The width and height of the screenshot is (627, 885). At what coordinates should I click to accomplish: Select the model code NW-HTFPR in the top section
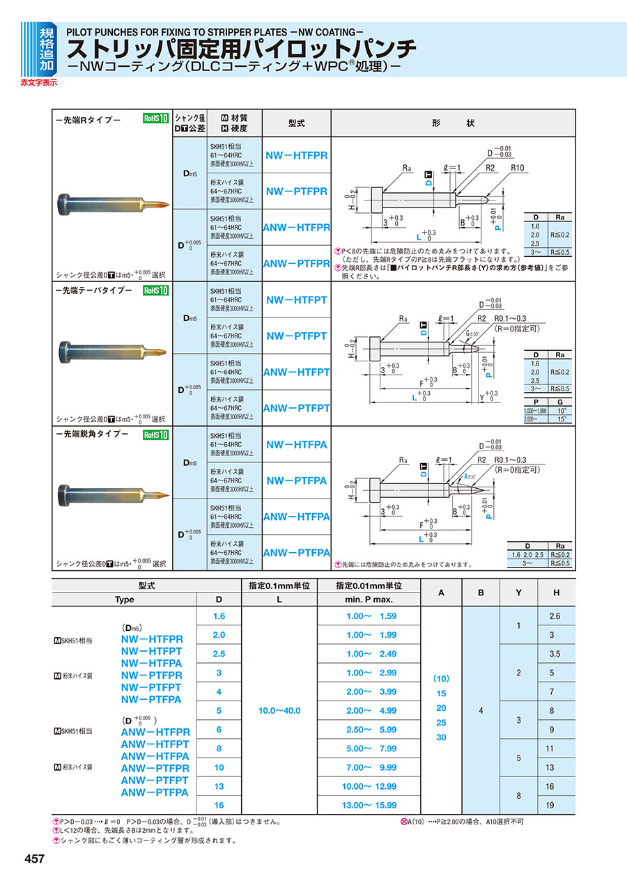click(x=297, y=155)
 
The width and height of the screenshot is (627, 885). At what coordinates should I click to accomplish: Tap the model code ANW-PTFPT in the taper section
click(x=297, y=408)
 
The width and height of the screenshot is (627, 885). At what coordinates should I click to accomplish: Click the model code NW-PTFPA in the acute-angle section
click(x=297, y=480)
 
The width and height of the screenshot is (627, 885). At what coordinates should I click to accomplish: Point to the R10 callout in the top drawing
click(x=516, y=168)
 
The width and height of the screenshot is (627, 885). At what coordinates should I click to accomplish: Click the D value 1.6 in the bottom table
click(x=219, y=616)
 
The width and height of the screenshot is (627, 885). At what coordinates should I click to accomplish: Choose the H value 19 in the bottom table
click(x=555, y=805)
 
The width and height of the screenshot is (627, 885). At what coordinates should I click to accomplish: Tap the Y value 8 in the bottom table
click(x=519, y=795)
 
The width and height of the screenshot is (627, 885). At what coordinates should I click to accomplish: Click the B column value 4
click(x=481, y=710)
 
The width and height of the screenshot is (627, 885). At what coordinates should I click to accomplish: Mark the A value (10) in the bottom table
click(x=440, y=678)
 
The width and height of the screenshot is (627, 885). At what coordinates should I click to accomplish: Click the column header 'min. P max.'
click(x=369, y=599)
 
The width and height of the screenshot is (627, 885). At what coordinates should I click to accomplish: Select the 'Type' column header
click(x=124, y=599)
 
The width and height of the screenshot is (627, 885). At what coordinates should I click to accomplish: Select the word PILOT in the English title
click(x=82, y=31)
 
